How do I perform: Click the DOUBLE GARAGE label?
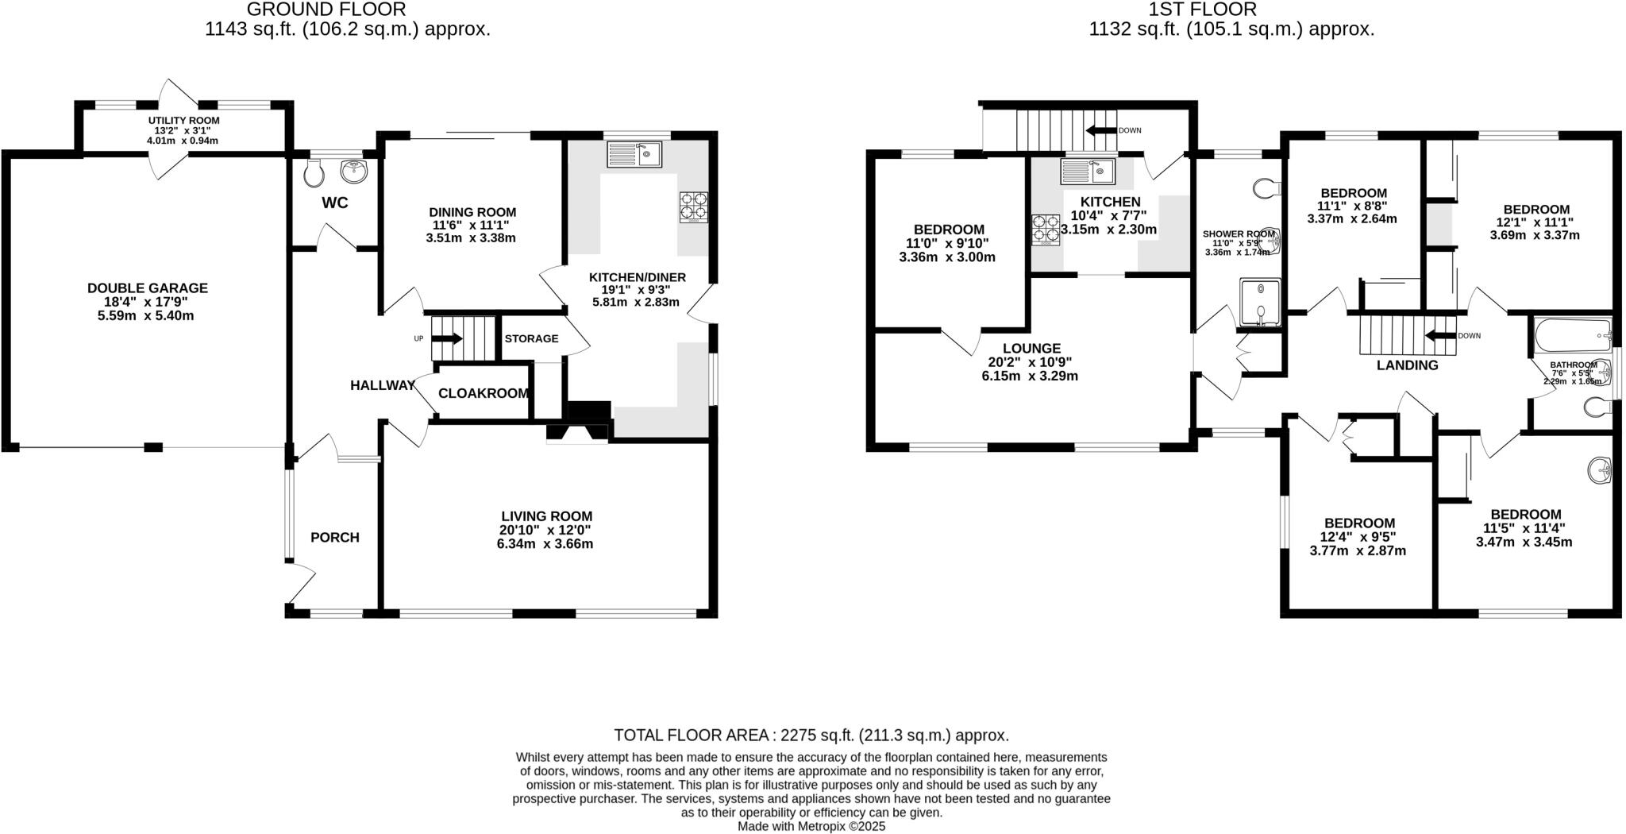pyautogui.click(x=148, y=288)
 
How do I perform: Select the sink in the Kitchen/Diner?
pyautogui.click(x=634, y=153)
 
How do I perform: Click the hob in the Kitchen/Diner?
pyautogui.click(x=693, y=207)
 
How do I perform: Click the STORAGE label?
pyautogui.click(x=531, y=338)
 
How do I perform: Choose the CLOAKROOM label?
pyautogui.click(x=483, y=393)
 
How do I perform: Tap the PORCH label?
pyautogui.click(x=335, y=538)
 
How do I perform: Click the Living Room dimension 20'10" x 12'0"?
pyautogui.click(x=545, y=530)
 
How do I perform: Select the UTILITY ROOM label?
pyautogui.click(x=183, y=121)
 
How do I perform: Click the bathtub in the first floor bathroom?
pyautogui.click(x=1573, y=336)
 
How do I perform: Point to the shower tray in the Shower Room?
pyautogui.click(x=1261, y=303)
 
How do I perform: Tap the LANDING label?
pyautogui.click(x=1407, y=365)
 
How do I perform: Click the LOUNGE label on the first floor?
pyautogui.click(x=1031, y=348)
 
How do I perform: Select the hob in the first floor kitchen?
pyautogui.click(x=1046, y=230)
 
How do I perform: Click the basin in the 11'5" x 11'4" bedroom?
pyautogui.click(x=1600, y=470)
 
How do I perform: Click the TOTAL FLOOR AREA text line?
pyautogui.click(x=811, y=735)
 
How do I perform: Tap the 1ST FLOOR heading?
pyautogui.click(x=1191, y=10)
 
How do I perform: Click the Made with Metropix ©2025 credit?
pyautogui.click(x=811, y=826)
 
